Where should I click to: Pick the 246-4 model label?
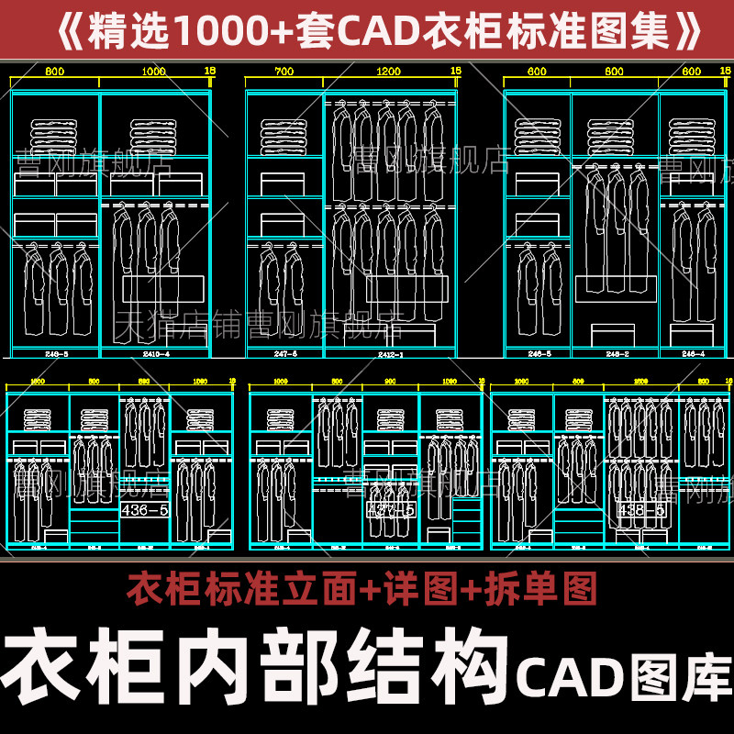[693, 353]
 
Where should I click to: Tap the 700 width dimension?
[284, 71]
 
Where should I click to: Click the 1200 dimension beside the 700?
[390, 71]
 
